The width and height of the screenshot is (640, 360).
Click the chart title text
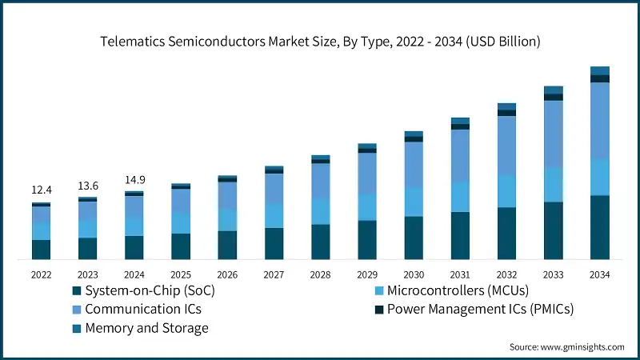click(320, 42)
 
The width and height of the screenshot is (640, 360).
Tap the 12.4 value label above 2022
click(42, 190)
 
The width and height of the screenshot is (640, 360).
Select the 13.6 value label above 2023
click(88, 186)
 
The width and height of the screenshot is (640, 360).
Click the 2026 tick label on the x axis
click(227, 274)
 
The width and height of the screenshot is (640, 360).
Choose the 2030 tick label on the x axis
click(414, 274)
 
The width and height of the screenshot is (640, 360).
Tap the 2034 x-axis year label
click(599, 274)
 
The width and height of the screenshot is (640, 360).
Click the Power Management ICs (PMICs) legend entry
click(480, 309)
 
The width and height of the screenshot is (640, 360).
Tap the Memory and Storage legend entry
click(146, 328)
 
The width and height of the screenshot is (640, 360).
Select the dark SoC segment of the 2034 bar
click(600, 227)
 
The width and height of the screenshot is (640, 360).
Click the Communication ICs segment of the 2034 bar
click(600, 120)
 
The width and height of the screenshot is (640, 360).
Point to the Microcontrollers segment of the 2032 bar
click(506, 191)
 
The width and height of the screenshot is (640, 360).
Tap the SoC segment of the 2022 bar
click(42, 250)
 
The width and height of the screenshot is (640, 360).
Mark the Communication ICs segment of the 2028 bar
click(321, 180)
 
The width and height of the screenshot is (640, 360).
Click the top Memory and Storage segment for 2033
click(554, 90)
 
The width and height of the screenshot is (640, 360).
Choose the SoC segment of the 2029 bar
click(367, 240)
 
